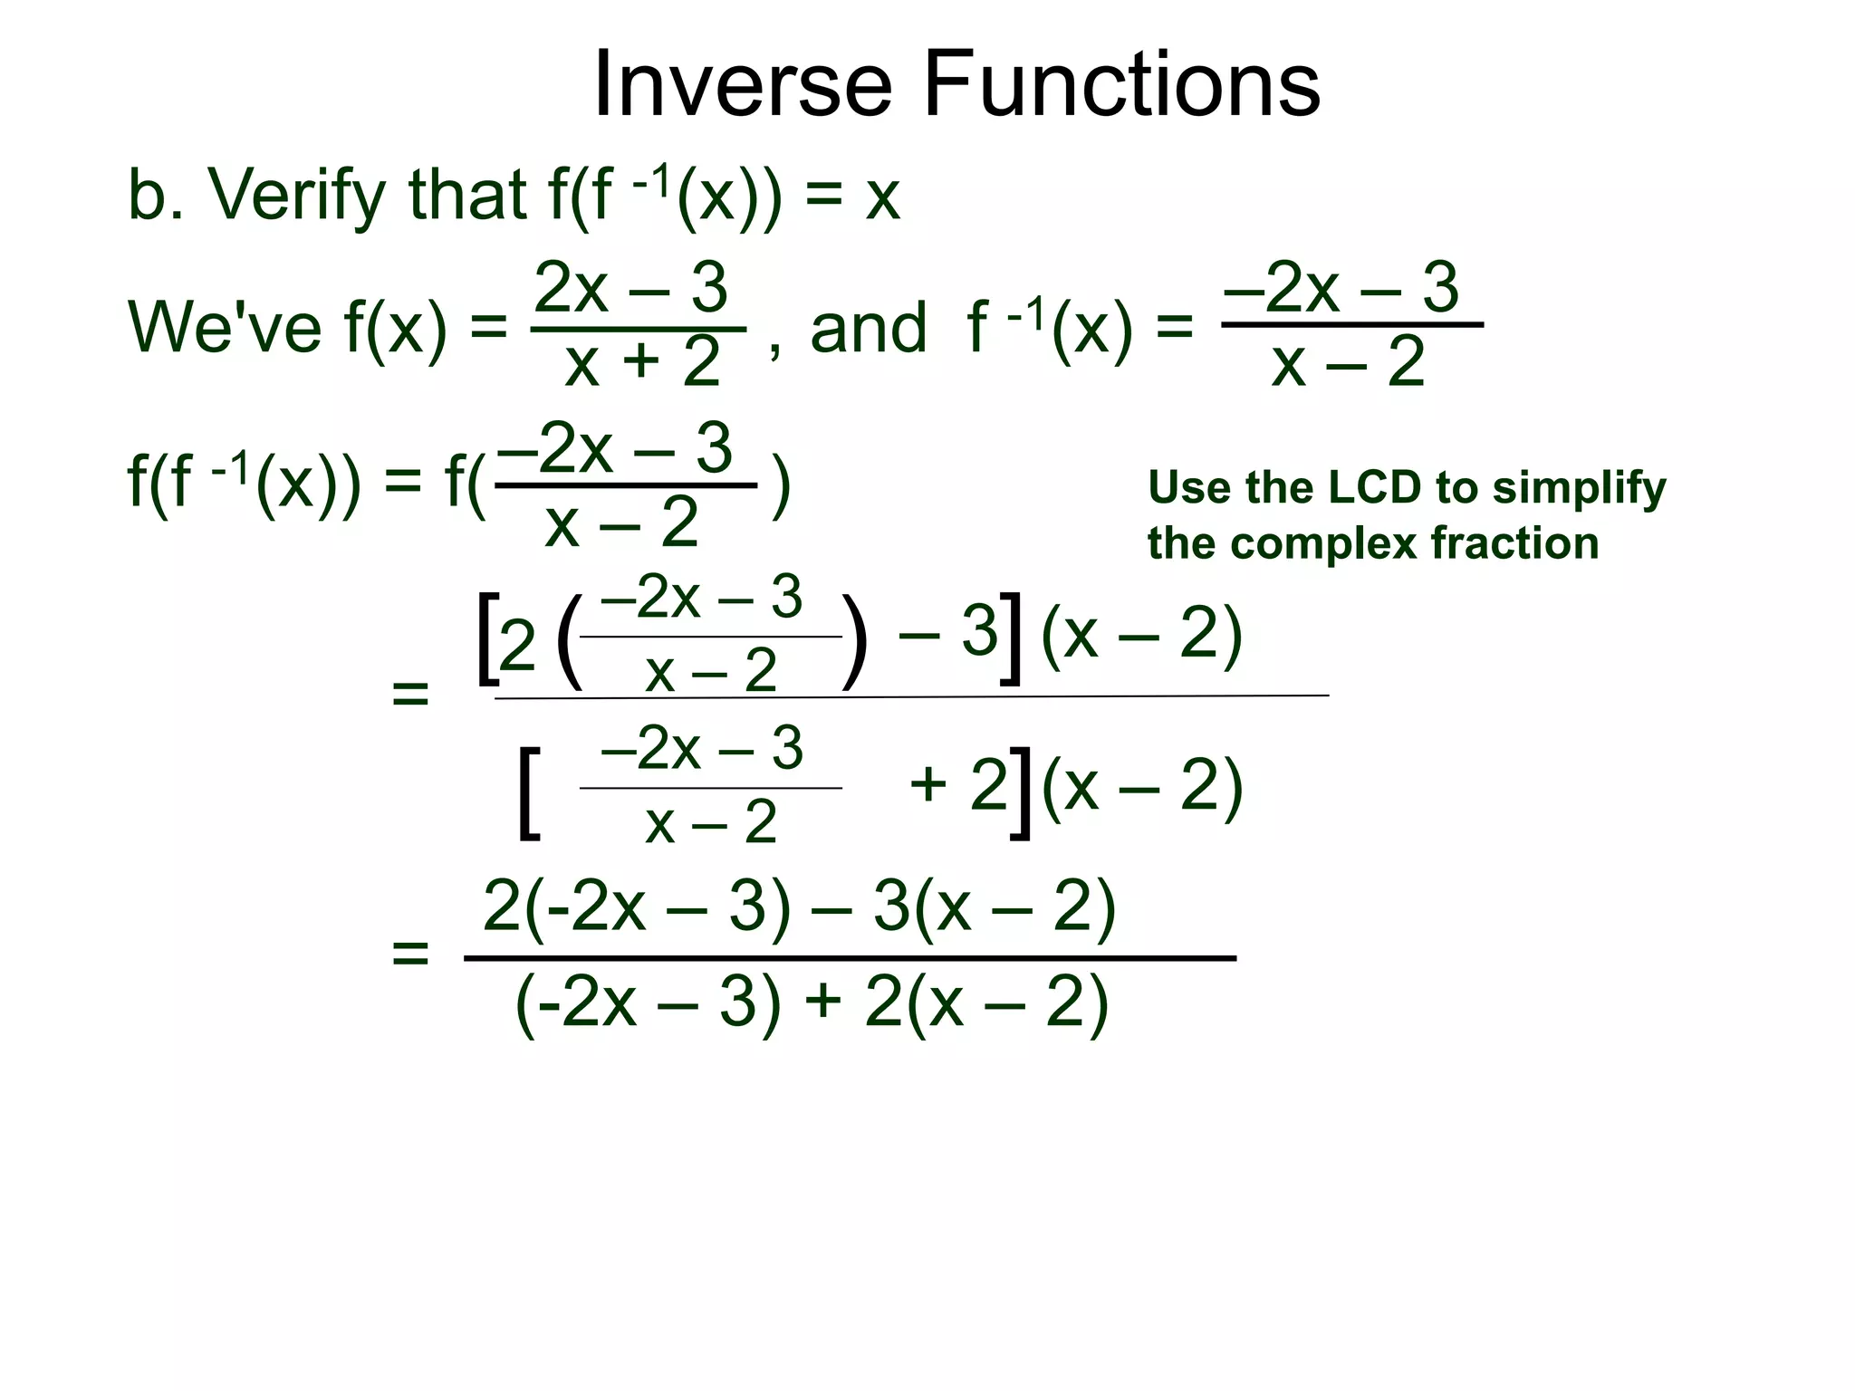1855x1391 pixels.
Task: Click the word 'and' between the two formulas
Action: [868, 328]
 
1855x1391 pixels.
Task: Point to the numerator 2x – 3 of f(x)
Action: [631, 288]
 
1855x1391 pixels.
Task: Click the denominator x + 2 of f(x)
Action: [642, 362]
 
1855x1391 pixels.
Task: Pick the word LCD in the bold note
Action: [1375, 487]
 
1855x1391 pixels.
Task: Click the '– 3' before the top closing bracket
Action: [947, 631]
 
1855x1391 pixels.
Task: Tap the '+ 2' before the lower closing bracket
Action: [957, 784]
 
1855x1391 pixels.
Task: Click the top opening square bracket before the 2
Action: [486, 638]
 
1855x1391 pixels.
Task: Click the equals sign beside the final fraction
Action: [409, 954]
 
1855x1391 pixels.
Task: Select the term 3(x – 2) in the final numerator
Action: [994, 907]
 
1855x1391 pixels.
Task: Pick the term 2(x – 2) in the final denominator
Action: [985, 1003]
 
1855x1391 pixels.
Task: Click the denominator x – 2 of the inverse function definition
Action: [1348, 362]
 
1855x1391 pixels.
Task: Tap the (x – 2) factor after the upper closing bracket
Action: [1141, 634]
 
